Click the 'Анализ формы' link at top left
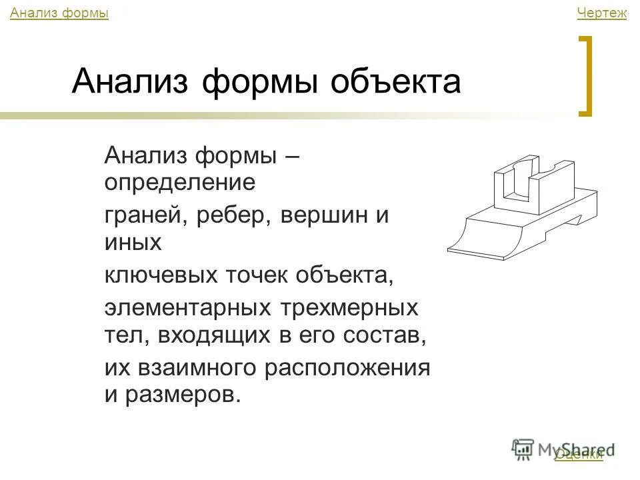click(59, 13)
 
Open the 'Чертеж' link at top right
click(601, 13)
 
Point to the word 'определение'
click(179, 183)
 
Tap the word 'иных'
click(133, 242)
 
